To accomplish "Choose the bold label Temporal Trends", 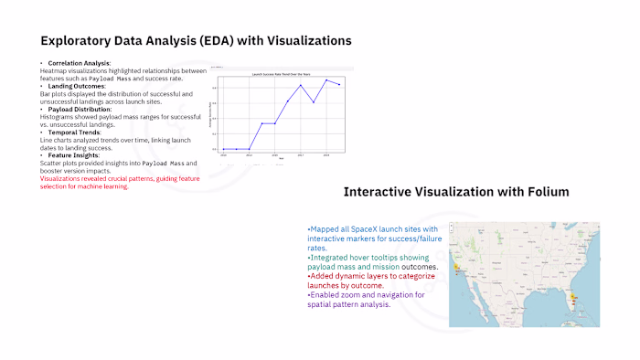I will (x=73, y=132).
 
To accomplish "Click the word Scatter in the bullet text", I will (x=50, y=163).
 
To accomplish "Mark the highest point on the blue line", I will (x=327, y=80).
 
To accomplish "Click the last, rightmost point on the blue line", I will (x=340, y=85).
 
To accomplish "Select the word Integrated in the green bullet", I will (x=331, y=258).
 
